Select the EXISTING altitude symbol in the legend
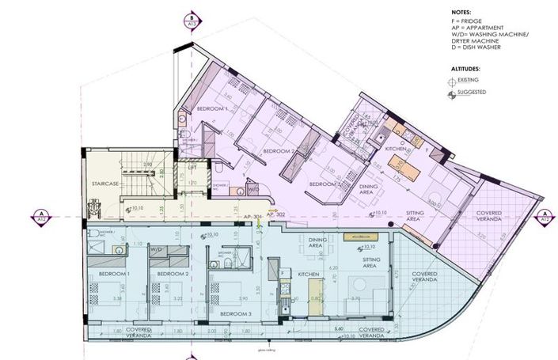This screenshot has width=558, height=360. pos(452,81)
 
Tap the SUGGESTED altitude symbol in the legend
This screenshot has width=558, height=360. pos(452,93)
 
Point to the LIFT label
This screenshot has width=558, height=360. pos(192,168)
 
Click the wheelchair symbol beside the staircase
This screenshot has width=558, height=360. pos(96,208)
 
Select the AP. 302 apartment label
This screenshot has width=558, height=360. pos(276,214)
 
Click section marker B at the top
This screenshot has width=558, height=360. pos(190,18)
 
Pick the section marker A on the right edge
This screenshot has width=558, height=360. pos(544,214)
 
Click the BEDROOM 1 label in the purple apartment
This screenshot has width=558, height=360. pos(211,108)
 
